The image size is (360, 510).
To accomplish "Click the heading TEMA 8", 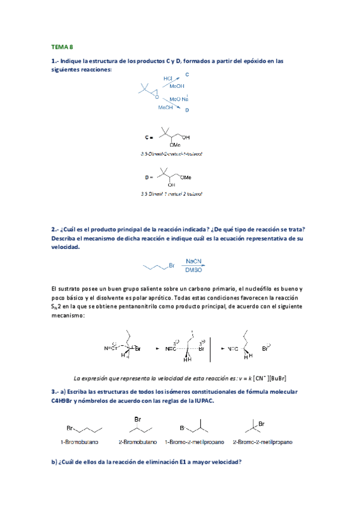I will click(62, 46).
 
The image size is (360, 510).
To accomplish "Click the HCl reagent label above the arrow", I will click(168, 78).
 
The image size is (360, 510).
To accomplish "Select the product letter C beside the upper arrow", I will click(186, 74).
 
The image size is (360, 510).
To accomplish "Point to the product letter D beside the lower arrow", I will click(187, 111).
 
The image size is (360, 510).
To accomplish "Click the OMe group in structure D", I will click(188, 177).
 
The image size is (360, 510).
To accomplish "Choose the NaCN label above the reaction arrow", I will click(195, 262).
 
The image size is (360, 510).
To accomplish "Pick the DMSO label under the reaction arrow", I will click(195, 271).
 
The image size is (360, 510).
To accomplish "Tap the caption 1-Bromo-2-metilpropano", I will click(195, 442).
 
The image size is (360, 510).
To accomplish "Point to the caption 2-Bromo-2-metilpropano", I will click(263, 442).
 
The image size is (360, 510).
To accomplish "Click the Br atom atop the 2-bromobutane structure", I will click(138, 419).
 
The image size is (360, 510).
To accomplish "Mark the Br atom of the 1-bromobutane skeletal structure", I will click(70, 428).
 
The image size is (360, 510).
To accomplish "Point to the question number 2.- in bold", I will click(55, 229).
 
